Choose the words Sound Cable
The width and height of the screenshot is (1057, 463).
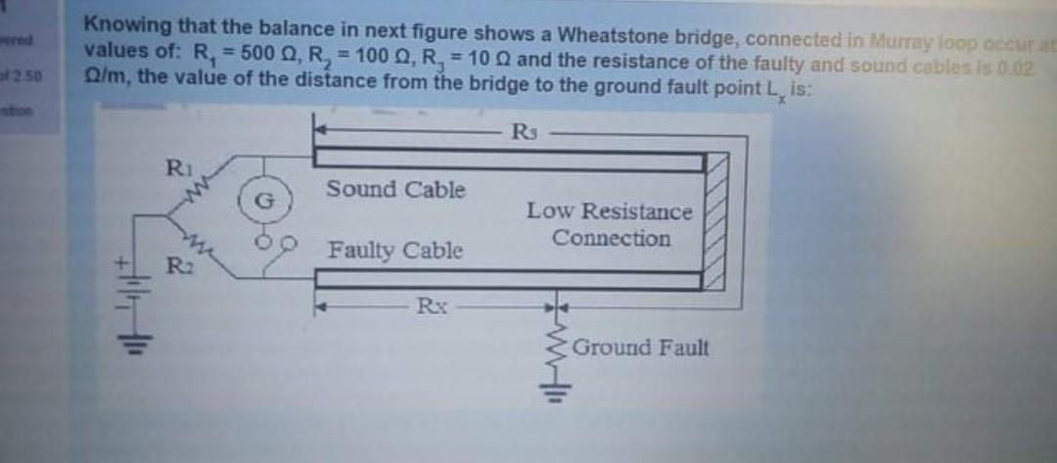tap(395, 189)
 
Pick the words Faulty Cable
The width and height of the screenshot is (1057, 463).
tap(395, 251)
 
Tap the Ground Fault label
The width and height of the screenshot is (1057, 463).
tap(640, 347)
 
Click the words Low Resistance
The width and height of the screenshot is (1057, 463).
tap(609, 211)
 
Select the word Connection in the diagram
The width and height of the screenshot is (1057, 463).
tap(611, 239)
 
